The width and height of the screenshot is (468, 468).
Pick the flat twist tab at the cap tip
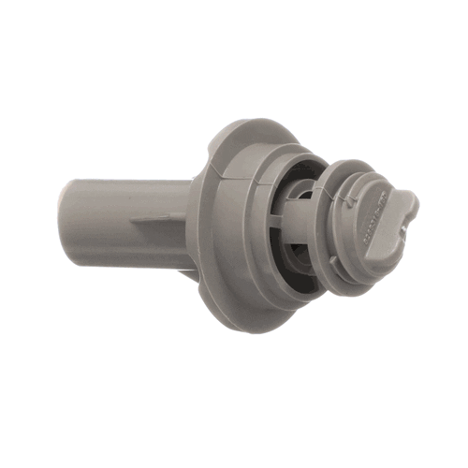point(398,210)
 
